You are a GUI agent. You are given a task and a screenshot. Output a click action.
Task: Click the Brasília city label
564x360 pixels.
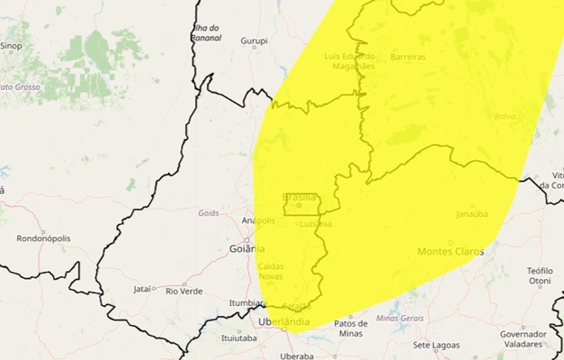tap(300, 196)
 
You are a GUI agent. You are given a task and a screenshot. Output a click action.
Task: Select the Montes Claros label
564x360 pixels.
tap(450, 251)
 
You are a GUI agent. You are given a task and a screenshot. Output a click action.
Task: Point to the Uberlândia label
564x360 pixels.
tap(283, 321)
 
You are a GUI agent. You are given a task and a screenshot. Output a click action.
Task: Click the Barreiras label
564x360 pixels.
tap(408, 57)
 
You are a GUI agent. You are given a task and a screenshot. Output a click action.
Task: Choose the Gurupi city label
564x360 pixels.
tap(255, 40)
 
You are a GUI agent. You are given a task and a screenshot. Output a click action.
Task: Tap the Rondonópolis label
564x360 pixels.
tap(43, 238)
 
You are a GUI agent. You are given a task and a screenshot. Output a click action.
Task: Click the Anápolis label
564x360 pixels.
tap(258, 220)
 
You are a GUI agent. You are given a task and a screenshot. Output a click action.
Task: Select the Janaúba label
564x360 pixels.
tap(471, 214)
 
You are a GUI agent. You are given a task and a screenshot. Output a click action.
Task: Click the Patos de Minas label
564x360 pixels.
tap(351, 328)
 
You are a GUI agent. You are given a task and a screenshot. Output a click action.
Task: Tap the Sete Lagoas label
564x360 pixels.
tap(435, 345)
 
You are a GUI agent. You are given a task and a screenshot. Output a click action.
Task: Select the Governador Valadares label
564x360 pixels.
tap(524, 338)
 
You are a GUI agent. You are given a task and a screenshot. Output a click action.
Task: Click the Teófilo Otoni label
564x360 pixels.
tap(540, 274)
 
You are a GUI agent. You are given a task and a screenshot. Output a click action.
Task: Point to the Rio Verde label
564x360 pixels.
tap(184, 291)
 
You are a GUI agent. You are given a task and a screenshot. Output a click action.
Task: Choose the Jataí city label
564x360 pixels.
tap(142, 290)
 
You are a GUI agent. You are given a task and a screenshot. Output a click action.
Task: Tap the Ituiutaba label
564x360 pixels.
tap(238, 338)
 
